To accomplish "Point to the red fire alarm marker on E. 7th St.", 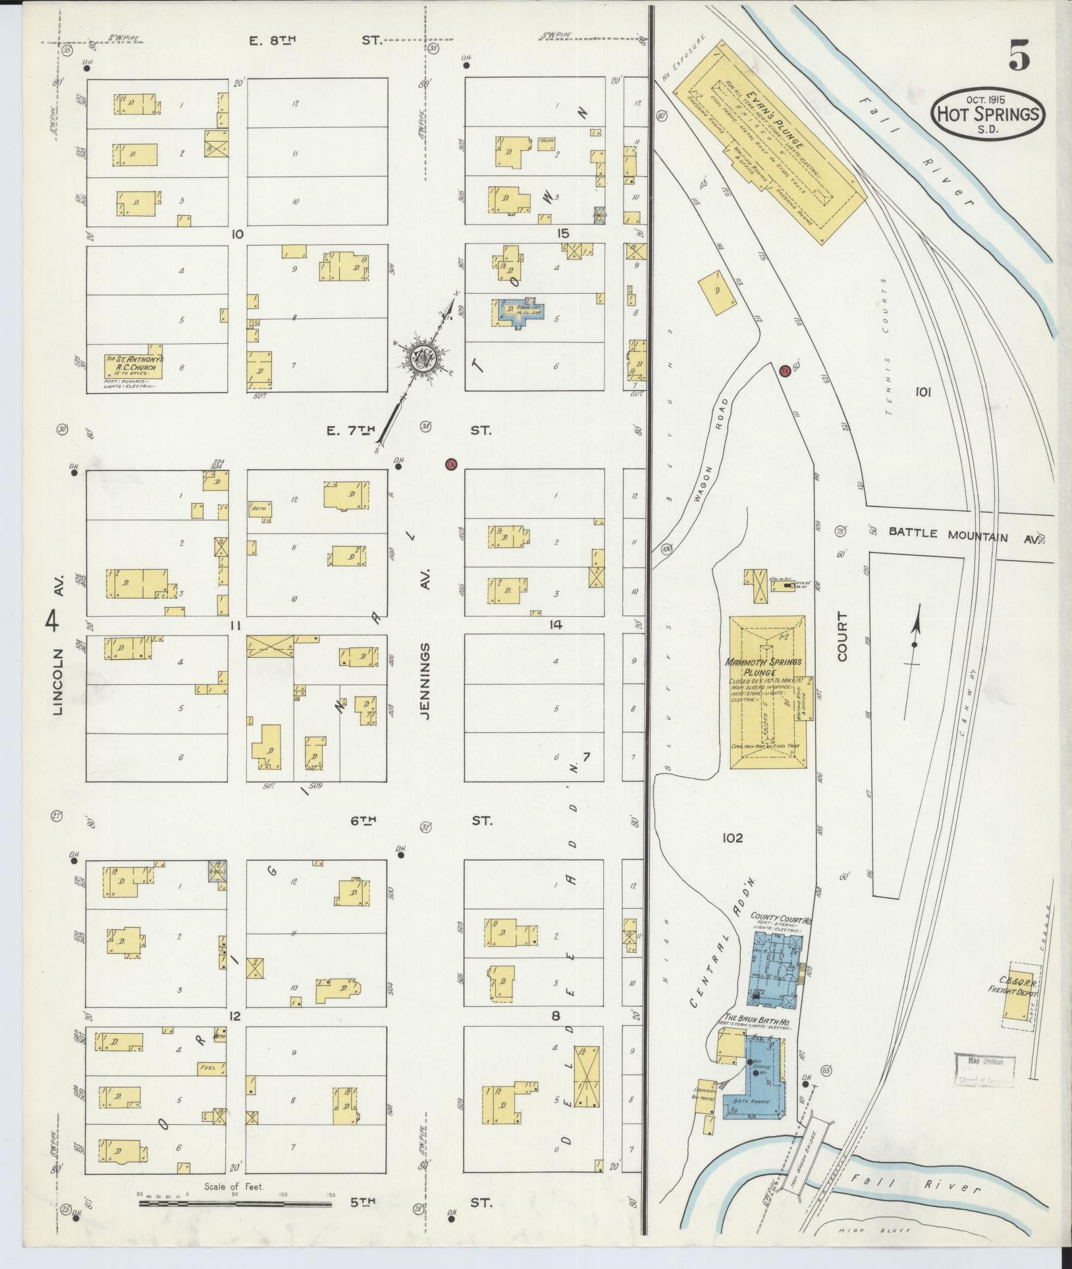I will pyautogui.click(x=451, y=464).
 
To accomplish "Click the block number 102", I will pyautogui.click(x=732, y=838).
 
